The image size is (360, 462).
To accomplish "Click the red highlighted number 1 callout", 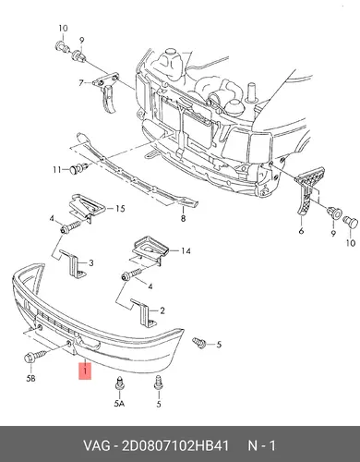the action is tap(85, 371).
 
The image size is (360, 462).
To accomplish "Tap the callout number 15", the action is tap(120, 209).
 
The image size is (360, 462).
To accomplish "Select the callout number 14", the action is tap(186, 251).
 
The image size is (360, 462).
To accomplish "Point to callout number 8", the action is tap(183, 219).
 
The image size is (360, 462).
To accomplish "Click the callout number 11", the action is tap(57, 169).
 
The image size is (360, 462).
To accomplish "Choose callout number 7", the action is tap(81, 83).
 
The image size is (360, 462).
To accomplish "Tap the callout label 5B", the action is tap(30, 378).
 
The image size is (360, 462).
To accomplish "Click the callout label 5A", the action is tap(119, 403).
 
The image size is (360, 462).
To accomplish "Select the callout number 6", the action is tap(301, 230).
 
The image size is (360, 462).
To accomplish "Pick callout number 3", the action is tap(91, 263).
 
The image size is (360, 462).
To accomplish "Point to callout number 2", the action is tap(162, 310).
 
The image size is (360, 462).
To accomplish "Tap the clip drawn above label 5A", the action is tap(119, 384).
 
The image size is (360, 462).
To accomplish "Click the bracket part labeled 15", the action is tap(86, 205).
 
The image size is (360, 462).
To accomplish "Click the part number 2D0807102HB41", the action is tap(175, 445).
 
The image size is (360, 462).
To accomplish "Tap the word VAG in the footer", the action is tap(96, 445).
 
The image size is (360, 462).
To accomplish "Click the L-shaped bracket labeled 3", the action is tap(74, 263).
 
